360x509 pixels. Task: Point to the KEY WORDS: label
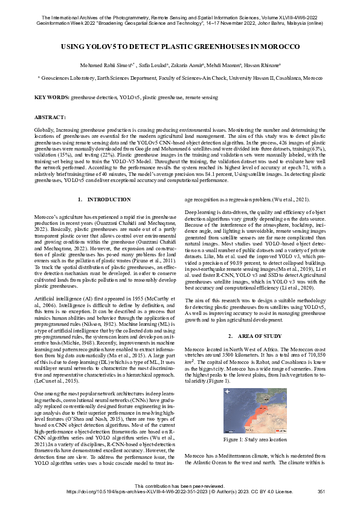click(51, 97)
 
